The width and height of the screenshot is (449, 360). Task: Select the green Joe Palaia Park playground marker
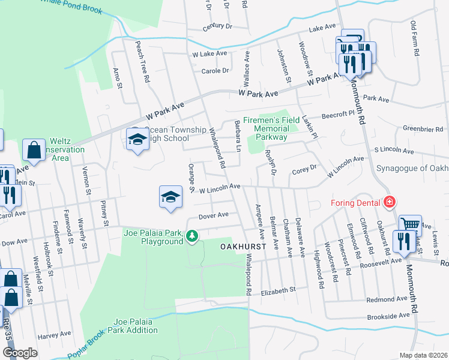[192, 236]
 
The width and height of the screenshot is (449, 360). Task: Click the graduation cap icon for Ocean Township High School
[137, 139]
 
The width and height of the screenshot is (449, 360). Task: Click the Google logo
[20, 353]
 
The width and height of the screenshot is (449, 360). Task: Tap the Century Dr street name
[217, 26]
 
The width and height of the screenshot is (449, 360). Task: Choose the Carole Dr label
[215, 70]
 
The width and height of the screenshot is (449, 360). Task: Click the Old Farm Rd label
[414, 39]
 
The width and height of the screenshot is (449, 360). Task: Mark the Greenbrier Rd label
[423, 128]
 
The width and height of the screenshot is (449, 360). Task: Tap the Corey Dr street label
[304, 170]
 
